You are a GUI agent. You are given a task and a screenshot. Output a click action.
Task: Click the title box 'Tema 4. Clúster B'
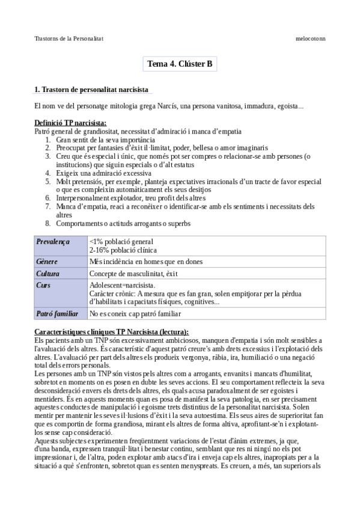[180, 64]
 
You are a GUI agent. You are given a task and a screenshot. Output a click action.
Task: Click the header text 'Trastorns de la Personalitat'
[69, 38]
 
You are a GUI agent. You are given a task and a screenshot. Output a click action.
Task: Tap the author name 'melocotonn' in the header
[310, 38]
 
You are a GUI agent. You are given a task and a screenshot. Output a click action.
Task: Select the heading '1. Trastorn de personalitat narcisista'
[91, 90]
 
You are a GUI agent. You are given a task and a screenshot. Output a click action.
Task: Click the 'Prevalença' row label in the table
[53, 242]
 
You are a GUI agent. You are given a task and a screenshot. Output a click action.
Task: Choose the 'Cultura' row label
[48, 274]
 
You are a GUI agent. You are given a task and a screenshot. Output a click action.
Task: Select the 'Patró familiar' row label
[57, 313]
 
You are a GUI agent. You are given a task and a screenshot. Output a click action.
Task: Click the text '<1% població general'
[121, 242]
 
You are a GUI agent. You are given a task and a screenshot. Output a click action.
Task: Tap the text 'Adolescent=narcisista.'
[122, 285]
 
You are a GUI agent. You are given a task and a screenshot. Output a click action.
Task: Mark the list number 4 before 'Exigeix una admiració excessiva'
[48, 172]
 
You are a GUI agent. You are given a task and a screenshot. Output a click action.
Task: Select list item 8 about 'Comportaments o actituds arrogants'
[123, 223]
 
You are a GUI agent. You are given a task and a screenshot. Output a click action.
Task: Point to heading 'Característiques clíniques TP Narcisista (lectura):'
[111, 332]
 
